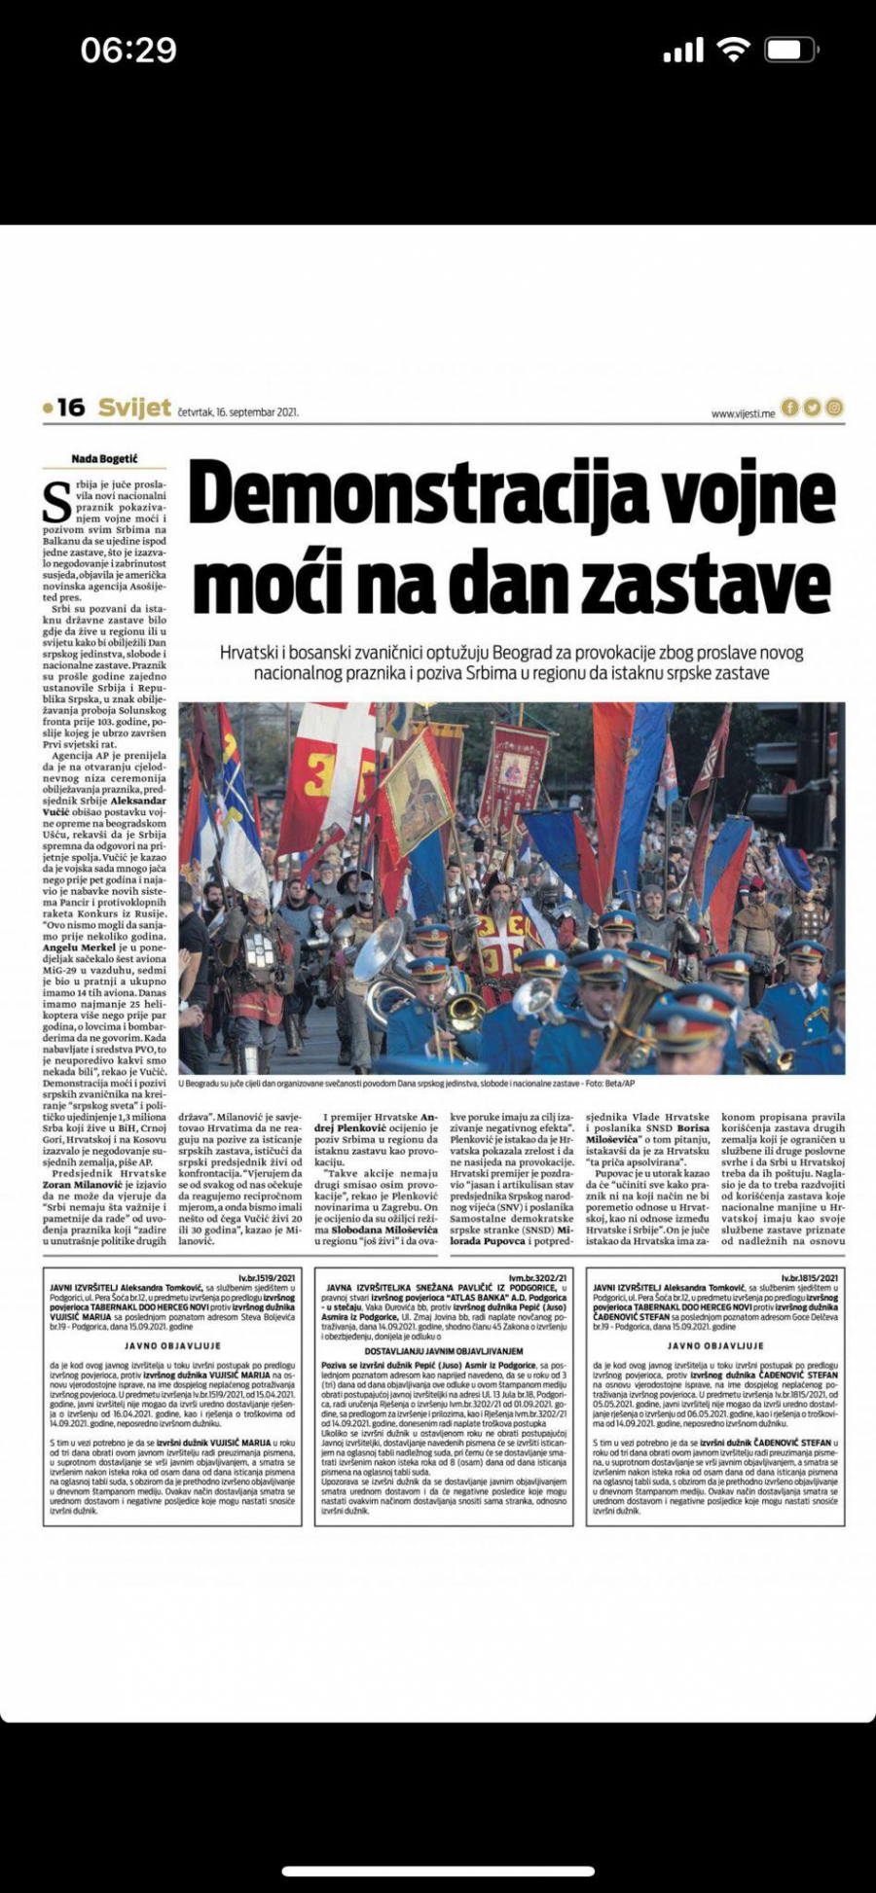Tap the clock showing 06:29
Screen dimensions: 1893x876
(x=128, y=51)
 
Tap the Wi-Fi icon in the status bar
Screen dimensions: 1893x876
(x=732, y=50)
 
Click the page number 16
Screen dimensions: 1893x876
(x=70, y=408)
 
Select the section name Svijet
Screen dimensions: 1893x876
(x=134, y=408)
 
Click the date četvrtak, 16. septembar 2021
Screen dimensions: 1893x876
(x=238, y=412)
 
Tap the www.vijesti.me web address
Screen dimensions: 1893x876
(x=743, y=413)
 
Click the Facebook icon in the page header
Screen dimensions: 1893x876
(x=790, y=408)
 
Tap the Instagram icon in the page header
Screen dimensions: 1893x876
(x=834, y=408)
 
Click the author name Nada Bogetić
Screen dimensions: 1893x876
(x=104, y=459)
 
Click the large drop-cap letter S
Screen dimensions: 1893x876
(x=56, y=501)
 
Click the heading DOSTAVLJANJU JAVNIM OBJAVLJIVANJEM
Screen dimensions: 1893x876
(x=444, y=1351)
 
